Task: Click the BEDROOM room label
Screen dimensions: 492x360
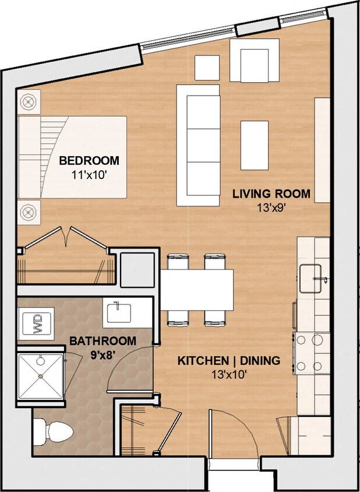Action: point(89,160)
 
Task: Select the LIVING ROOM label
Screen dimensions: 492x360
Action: point(271,194)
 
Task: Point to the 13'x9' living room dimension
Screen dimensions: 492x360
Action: point(271,207)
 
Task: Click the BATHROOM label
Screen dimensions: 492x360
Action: point(103,340)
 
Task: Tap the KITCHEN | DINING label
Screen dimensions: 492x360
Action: point(228,361)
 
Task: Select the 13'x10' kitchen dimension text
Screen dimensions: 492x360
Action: point(228,374)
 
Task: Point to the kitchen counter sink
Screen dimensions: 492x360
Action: point(312,279)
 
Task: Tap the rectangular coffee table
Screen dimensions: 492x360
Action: point(255,145)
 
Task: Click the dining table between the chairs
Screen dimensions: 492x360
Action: point(197,290)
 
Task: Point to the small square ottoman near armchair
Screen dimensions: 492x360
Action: point(207,67)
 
